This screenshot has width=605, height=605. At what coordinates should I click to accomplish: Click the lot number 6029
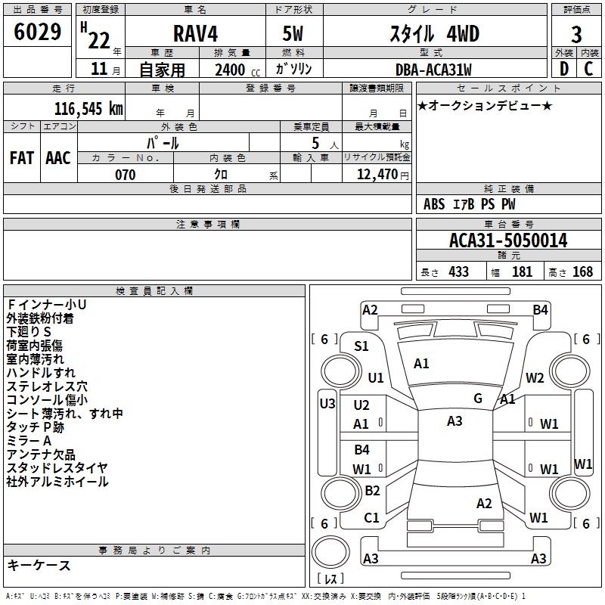coord(38,33)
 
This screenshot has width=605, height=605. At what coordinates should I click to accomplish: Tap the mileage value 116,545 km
coord(88,108)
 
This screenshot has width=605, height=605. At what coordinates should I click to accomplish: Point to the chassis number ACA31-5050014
coord(507,241)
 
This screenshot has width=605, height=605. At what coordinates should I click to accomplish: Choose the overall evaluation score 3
coord(576,35)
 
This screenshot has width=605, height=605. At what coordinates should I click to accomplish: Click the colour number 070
coord(125,175)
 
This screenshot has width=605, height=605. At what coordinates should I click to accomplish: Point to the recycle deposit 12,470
coord(378,175)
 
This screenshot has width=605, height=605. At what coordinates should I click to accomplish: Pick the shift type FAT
coord(22,157)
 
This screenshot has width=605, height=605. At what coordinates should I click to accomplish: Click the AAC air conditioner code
coord(57,157)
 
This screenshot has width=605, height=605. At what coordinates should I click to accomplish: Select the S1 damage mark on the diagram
coord(361,346)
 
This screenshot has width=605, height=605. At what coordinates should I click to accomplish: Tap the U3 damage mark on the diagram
coord(327,404)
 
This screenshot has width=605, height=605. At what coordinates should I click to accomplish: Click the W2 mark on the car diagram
coord(535,378)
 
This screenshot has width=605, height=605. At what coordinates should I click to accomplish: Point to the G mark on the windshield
coord(478,399)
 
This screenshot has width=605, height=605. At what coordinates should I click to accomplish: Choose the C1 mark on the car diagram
coord(371,518)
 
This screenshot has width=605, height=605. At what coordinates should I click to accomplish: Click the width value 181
coord(522,271)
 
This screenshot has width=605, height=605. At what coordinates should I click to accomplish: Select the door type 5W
coord(293,34)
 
